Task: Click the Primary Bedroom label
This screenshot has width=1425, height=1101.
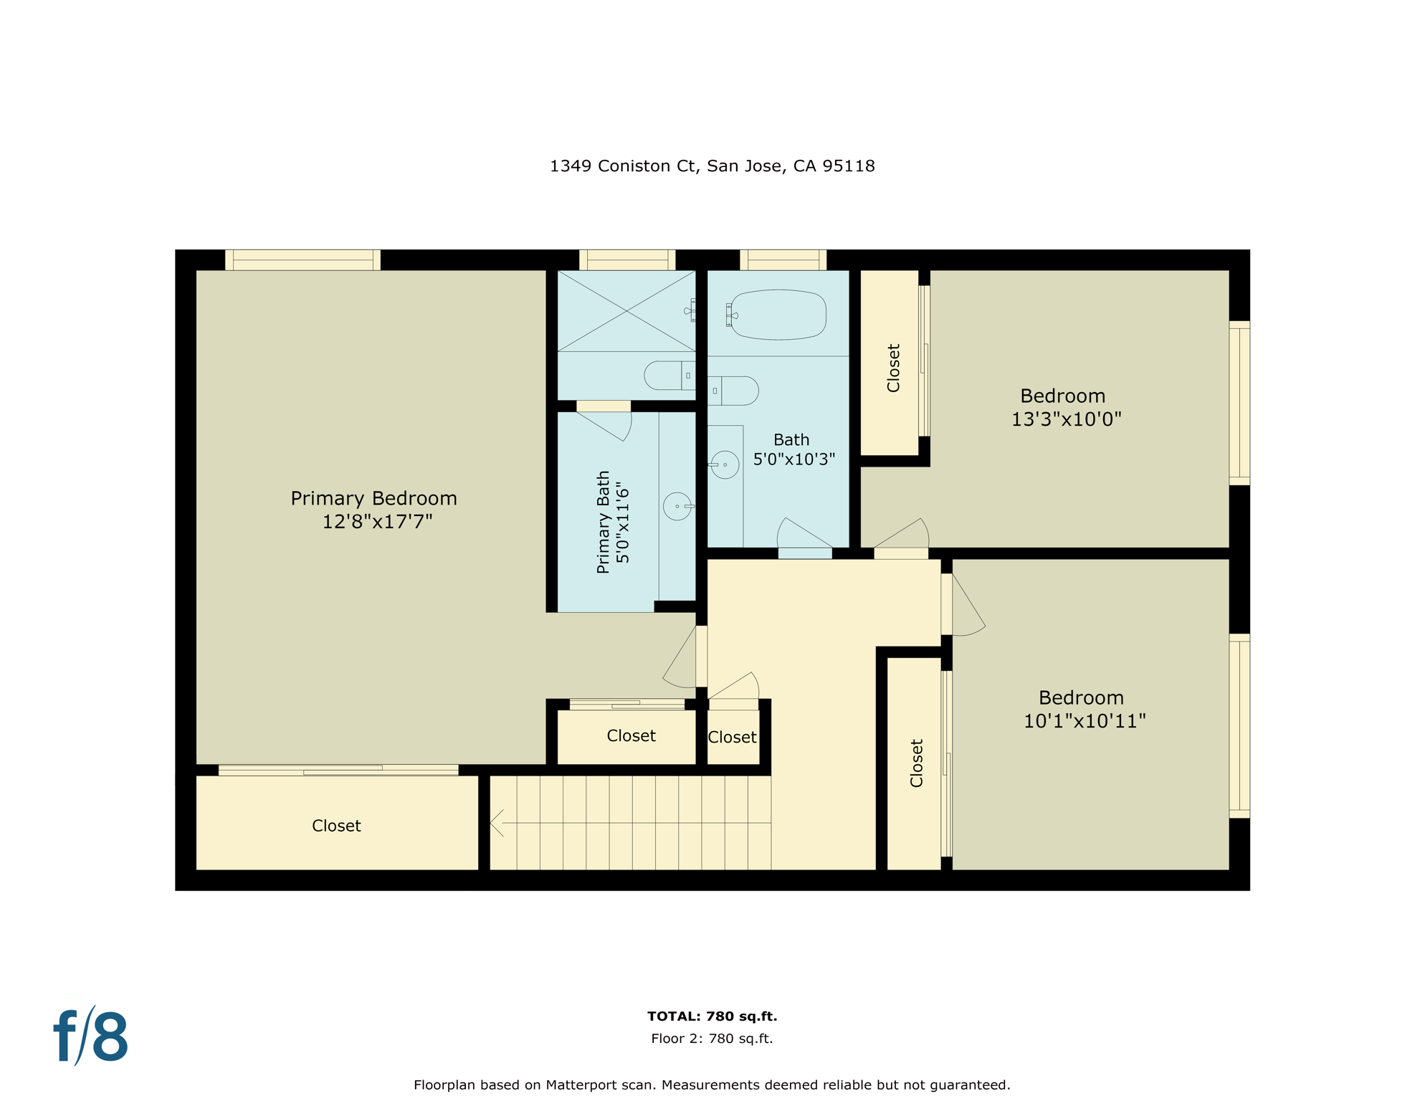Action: [x=373, y=498]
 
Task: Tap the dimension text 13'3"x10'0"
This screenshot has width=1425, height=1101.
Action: [x=1066, y=419]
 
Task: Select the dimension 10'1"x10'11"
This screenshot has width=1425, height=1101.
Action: [x=1084, y=721]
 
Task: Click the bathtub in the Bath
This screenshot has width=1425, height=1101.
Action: [x=778, y=315]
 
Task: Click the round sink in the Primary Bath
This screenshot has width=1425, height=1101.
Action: [x=677, y=506]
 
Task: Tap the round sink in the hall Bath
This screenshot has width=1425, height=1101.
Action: [x=725, y=464]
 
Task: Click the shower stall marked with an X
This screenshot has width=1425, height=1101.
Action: [x=626, y=311]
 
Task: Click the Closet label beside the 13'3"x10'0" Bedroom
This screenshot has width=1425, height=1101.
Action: [x=893, y=368]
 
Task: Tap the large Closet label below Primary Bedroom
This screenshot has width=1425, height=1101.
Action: [x=336, y=826]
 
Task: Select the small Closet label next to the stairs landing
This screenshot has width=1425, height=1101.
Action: [x=732, y=737]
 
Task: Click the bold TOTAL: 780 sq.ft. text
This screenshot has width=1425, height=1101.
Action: [x=712, y=1016]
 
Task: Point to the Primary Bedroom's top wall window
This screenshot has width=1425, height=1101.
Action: [x=302, y=259]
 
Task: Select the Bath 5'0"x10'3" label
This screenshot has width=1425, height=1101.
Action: [x=793, y=449]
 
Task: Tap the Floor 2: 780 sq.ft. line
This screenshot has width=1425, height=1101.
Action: [x=712, y=1039]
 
